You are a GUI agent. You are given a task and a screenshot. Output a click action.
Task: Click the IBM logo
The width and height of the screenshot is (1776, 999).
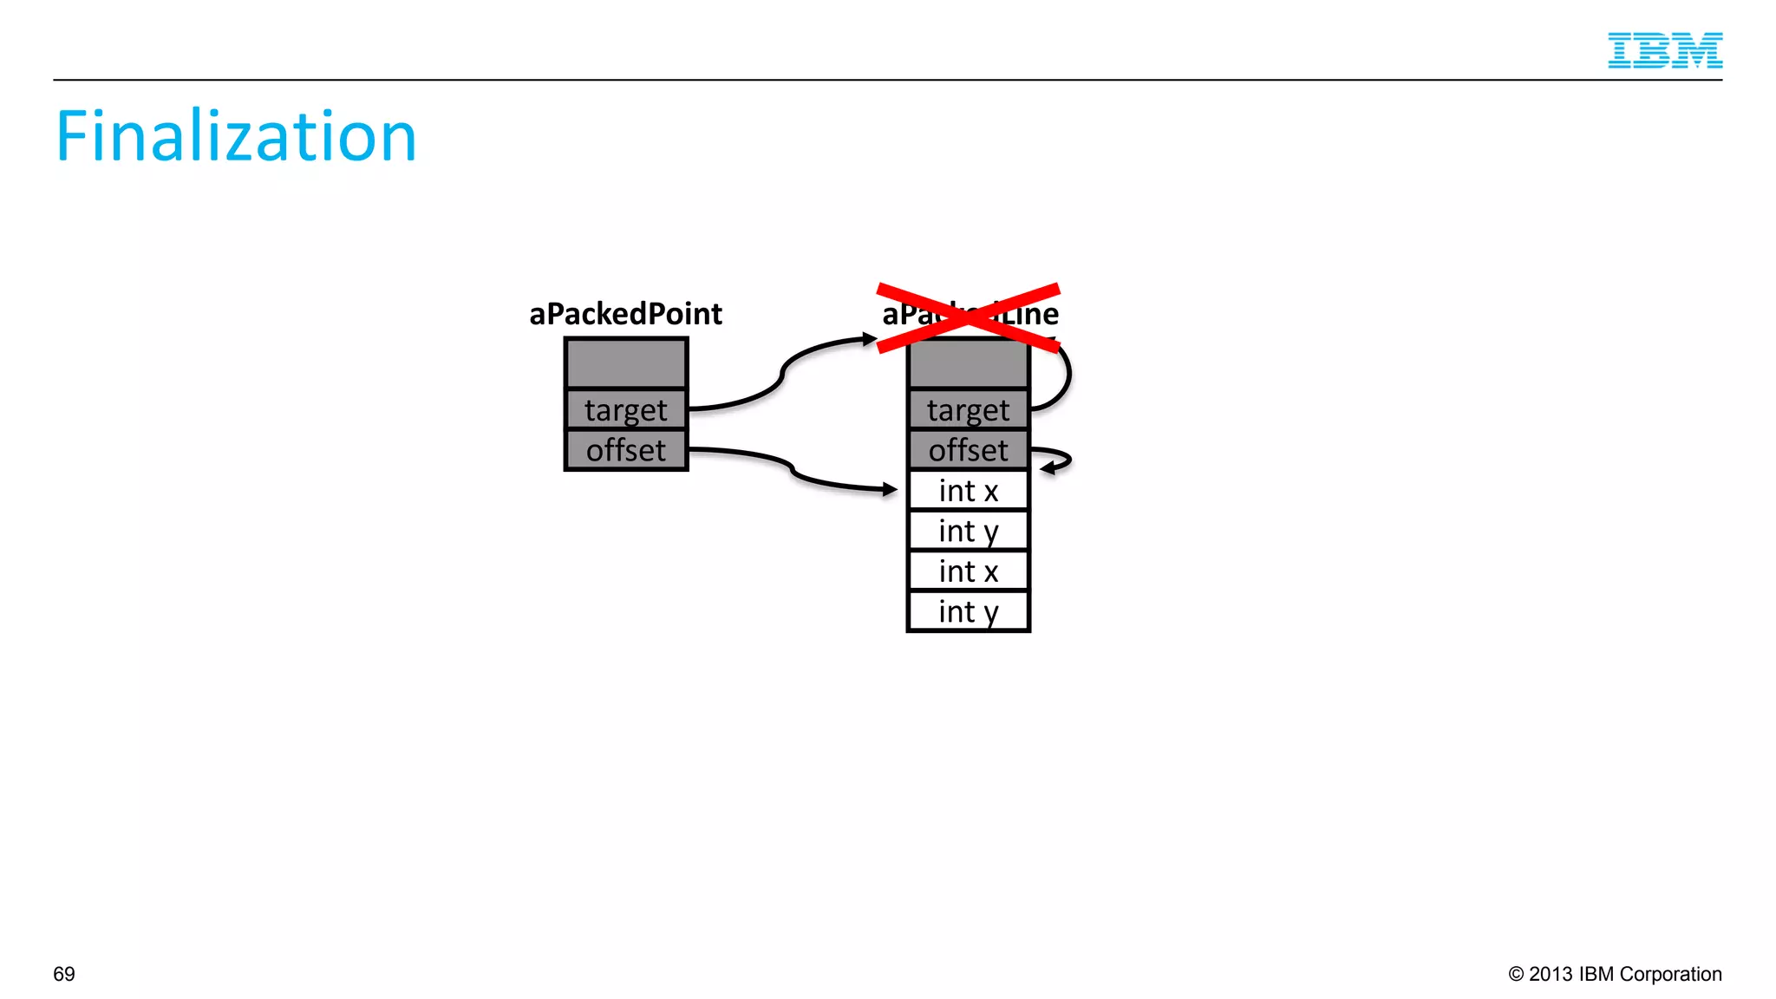[x=1664, y=50]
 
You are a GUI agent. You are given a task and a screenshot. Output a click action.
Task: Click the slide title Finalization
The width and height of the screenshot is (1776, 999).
[x=236, y=136]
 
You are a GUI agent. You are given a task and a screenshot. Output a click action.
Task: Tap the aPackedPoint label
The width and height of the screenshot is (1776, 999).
[x=625, y=314]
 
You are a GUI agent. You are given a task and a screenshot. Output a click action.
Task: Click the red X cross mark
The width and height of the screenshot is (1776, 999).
[x=968, y=317]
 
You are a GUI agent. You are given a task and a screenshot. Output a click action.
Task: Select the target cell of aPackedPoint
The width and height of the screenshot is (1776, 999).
[x=626, y=409]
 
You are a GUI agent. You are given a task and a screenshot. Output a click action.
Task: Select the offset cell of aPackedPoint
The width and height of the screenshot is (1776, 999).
[x=626, y=450]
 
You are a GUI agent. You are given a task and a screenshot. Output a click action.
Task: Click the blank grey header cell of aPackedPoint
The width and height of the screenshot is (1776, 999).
[x=626, y=363]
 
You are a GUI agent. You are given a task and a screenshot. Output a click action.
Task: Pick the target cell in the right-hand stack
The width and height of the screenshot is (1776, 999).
[x=968, y=409]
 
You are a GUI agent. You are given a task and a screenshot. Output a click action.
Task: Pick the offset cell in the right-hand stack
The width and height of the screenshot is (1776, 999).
[x=968, y=450]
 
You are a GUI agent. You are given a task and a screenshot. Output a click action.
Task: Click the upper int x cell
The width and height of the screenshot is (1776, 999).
[x=968, y=491]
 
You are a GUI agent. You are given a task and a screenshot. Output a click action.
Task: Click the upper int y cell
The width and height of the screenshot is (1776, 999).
[x=968, y=531]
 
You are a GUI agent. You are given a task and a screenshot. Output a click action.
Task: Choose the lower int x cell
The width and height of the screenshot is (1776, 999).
[x=968, y=571]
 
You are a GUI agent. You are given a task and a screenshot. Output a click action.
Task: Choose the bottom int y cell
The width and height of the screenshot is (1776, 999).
[x=968, y=612]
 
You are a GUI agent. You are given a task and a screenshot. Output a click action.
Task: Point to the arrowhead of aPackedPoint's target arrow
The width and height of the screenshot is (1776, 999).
[x=871, y=339]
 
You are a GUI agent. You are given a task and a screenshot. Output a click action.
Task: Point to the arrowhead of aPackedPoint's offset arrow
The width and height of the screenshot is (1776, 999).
[x=890, y=490]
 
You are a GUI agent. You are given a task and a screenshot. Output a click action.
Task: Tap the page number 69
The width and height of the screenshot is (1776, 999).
[x=64, y=974]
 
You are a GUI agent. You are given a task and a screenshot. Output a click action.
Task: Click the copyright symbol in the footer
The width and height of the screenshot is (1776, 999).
[x=1516, y=974]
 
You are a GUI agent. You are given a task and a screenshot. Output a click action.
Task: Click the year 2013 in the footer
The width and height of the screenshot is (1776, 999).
[x=1551, y=974]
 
